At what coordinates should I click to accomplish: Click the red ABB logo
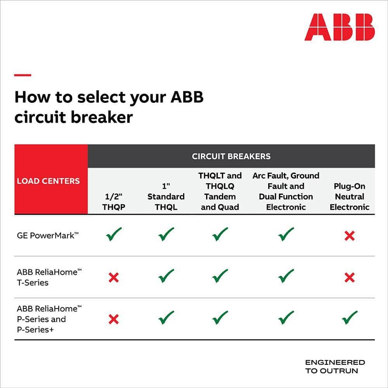pyautogui.click(x=339, y=27)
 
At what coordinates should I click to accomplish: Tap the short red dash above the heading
pyautogui.click(x=23, y=75)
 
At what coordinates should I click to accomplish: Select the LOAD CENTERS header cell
pyautogui.click(x=48, y=181)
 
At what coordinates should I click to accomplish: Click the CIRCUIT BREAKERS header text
pyautogui.click(x=231, y=156)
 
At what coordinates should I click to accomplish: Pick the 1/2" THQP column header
pyautogui.click(x=114, y=202)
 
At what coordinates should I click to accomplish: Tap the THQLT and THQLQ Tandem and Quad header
pyautogui.click(x=220, y=191)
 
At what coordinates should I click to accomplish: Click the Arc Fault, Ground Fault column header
pyautogui.click(x=286, y=191)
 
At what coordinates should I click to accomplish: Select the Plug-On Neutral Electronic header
pyautogui.click(x=349, y=197)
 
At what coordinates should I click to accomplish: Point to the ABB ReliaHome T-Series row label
pyautogui.click(x=49, y=277)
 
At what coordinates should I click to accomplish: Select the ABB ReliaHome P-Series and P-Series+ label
pyautogui.click(x=49, y=319)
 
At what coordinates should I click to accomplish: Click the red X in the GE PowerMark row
pyautogui.click(x=349, y=236)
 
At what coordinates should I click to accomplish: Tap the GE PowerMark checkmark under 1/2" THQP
pyautogui.click(x=114, y=234)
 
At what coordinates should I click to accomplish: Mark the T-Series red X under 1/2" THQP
pyautogui.click(x=114, y=277)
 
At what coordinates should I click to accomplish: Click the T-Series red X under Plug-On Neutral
pyautogui.click(x=349, y=277)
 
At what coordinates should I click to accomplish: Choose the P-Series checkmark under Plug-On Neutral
pyautogui.click(x=349, y=318)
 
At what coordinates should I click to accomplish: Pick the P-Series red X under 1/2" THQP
pyautogui.click(x=114, y=319)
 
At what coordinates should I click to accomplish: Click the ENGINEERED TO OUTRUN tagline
pyautogui.click(x=335, y=366)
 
